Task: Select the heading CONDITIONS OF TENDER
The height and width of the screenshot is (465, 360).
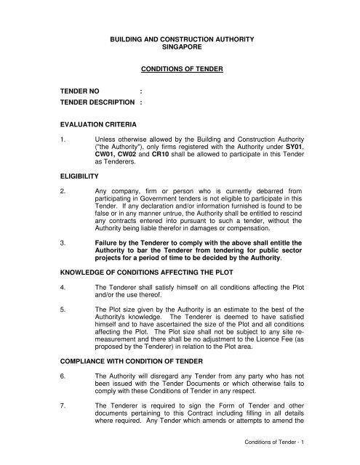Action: (180, 70)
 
